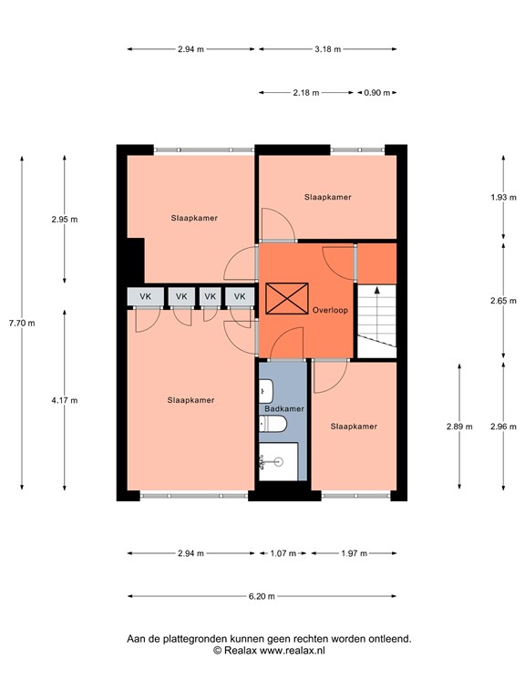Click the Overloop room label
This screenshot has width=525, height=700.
click(330, 310)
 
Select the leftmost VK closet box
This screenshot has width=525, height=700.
click(146, 296)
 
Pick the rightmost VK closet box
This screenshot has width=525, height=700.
click(241, 296)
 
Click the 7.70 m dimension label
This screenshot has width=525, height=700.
click(21, 323)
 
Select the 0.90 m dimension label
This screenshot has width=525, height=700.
click(376, 92)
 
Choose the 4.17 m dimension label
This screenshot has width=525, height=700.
click(65, 399)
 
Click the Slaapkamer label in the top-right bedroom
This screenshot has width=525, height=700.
click(327, 196)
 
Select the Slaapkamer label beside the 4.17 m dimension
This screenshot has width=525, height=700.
click(190, 399)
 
